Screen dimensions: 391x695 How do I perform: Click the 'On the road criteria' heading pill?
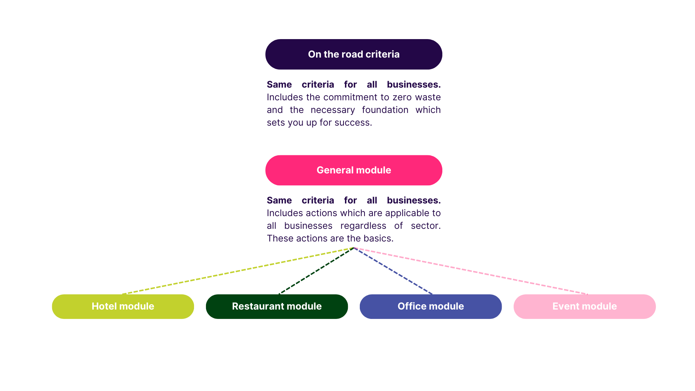[354, 54]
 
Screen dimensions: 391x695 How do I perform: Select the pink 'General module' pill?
[354, 170]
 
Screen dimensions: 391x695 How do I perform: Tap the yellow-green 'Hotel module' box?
[123, 306]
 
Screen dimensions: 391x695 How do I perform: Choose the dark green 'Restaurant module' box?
[277, 306]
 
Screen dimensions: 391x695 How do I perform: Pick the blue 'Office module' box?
[430, 306]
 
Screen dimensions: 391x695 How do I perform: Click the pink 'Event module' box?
[584, 306]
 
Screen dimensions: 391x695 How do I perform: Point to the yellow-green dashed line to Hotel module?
[237, 271]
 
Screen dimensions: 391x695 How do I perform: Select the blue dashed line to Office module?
[393, 271]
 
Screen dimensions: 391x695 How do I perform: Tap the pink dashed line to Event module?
[471, 271]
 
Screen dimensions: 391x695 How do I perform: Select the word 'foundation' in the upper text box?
[385, 110]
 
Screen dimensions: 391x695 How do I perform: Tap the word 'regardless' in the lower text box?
[363, 226]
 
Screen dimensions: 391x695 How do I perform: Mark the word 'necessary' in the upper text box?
[333, 110]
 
